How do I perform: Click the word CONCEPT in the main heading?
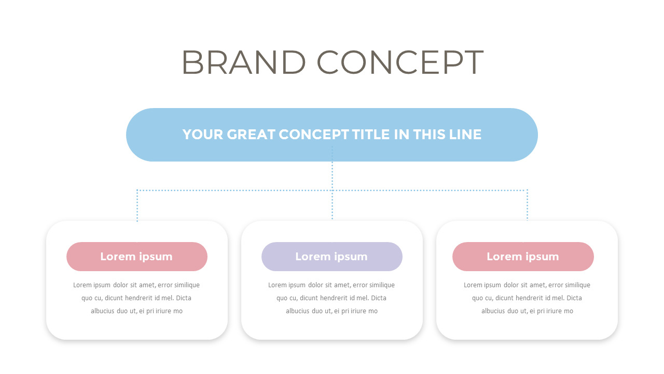(x=400, y=62)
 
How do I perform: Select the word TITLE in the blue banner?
(x=371, y=135)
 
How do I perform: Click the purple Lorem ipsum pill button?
(x=332, y=257)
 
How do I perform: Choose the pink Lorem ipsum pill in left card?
(x=137, y=257)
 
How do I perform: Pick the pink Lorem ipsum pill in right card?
(x=523, y=257)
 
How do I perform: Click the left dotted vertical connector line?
(x=137, y=206)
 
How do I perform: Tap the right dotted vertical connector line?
(x=527, y=206)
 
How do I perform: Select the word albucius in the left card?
(x=103, y=311)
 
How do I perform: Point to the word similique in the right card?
(x=576, y=285)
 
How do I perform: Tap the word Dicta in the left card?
(x=184, y=298)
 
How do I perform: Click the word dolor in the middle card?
(x=317, y=285)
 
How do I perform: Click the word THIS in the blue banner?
(x=430, y=135)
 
